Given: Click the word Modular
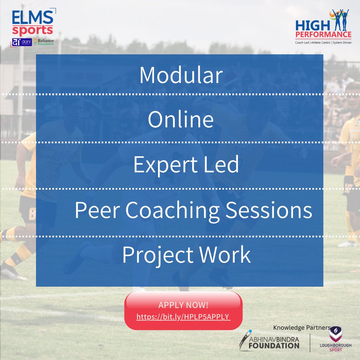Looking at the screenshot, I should [181, 75].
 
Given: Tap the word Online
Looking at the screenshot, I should [181, 120].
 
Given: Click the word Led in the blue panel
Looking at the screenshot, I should [223, 165].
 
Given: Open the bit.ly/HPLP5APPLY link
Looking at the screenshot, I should [183, 316].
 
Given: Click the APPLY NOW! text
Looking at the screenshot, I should [183, 305].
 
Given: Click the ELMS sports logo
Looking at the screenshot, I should [33, 23].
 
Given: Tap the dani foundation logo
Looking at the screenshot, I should [22, 42].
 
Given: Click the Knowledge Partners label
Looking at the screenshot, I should [302, 328].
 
